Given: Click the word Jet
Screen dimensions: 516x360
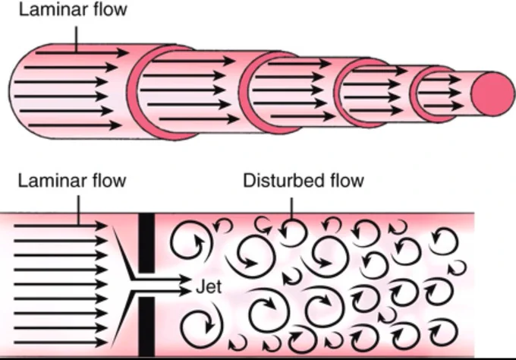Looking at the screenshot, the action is pos(209,287).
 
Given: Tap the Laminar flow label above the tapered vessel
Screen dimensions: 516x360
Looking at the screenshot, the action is pos(73,9).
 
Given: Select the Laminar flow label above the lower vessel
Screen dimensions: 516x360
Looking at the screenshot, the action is pos(72,181).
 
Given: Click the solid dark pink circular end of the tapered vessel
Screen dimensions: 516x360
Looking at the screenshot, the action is pos(492,94).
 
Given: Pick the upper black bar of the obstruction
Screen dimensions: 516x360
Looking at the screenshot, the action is pos(146,243).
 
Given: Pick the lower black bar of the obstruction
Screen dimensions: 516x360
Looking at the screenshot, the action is pos(146,327).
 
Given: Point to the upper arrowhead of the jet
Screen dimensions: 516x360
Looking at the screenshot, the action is pos(185,279).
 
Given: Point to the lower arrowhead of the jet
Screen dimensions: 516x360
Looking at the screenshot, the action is pos(185,291).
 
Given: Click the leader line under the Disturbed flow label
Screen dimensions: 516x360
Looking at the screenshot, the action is pos(291,208).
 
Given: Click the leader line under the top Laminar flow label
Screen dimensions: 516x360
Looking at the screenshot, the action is pos(77,39).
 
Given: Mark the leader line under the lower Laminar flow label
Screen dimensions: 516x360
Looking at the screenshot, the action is pos(79,210).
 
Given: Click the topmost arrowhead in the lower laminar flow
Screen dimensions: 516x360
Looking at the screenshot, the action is pos(101,226).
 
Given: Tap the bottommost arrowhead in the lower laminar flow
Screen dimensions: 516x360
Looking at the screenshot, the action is pos(101,343).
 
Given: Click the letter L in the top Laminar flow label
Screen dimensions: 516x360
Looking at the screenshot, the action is pos(24,10).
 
